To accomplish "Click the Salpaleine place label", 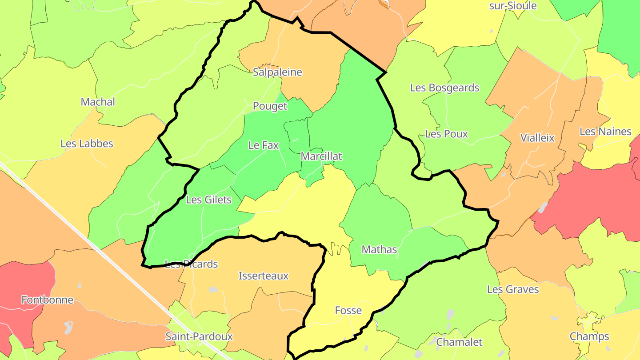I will pos(277,72).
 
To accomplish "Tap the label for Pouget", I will pos(270,106).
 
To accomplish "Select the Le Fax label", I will pos(264,145).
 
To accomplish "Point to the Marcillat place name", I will pos(321,156).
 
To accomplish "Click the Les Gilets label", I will pos(208,200).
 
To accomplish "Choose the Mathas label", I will pos(379,249).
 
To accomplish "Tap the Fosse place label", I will pos(348,310).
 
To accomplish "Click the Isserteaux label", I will pos(264,276).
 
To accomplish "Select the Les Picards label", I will pos(191,264).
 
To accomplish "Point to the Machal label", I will pos(98,102).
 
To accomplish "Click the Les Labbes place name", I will pos(87,144).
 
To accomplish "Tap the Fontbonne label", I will pos(47,300).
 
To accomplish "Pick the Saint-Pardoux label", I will pos(199,336).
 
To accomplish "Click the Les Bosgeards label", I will pos(444,88).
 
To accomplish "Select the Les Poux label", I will pos(447,134).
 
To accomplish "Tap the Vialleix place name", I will pos(537,138).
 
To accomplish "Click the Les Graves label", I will pos(513,289).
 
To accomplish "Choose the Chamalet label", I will pos(459,342).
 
